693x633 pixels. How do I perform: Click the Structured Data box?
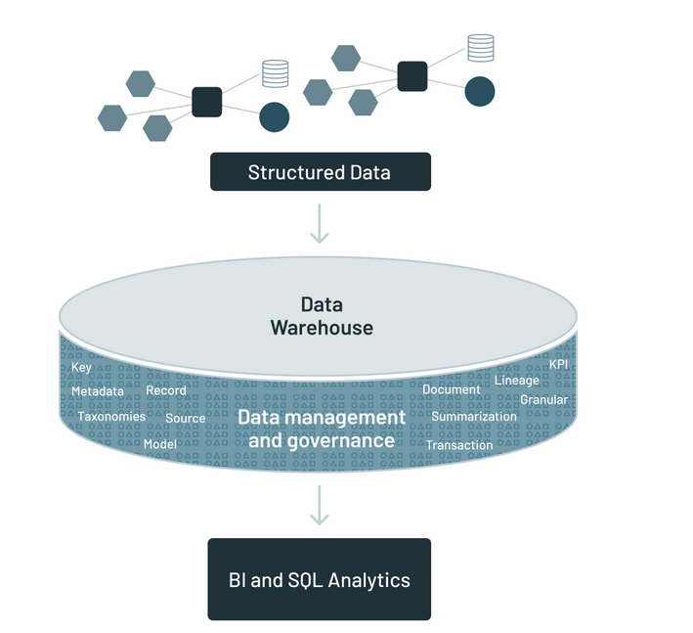pos(320,172)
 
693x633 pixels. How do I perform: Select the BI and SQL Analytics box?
pos(320,579)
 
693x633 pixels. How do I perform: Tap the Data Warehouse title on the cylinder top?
pos(322,316)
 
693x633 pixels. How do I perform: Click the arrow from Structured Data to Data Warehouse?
pos(320,224)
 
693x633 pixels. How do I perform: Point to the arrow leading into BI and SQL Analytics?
pos(320,505)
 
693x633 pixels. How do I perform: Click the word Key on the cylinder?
pos(81,368)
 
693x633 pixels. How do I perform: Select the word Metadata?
pos(98,391)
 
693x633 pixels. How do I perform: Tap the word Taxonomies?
pos(111,417)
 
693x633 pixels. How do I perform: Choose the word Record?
pos(166,391)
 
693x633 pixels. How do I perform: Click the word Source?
pos(186,419)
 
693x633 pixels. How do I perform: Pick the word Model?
pos(159,444)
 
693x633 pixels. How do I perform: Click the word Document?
pos(452,389)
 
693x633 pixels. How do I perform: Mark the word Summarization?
pos(474,417)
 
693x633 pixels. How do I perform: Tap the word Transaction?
pos(459,445)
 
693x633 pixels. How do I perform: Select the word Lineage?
pos(517,380)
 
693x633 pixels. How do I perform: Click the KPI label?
pos(559,364)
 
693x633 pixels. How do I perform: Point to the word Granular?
pos(544,400)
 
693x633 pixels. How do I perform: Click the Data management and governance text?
pos(322,429)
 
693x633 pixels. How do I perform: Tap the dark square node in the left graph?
pos(207,102)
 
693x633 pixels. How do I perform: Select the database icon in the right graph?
pos(480,47)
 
